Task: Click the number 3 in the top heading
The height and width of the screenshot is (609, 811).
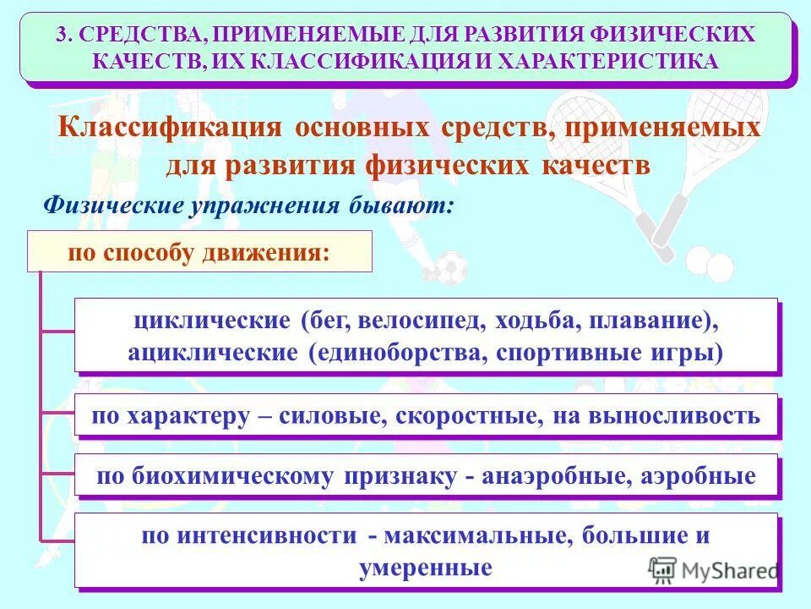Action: [61, 36]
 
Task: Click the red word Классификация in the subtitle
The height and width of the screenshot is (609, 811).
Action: [169, 129]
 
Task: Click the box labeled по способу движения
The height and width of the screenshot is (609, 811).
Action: [199, 252]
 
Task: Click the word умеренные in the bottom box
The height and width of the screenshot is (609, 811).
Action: [425, 567]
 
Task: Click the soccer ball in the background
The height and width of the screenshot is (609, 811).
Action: [450, 267]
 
